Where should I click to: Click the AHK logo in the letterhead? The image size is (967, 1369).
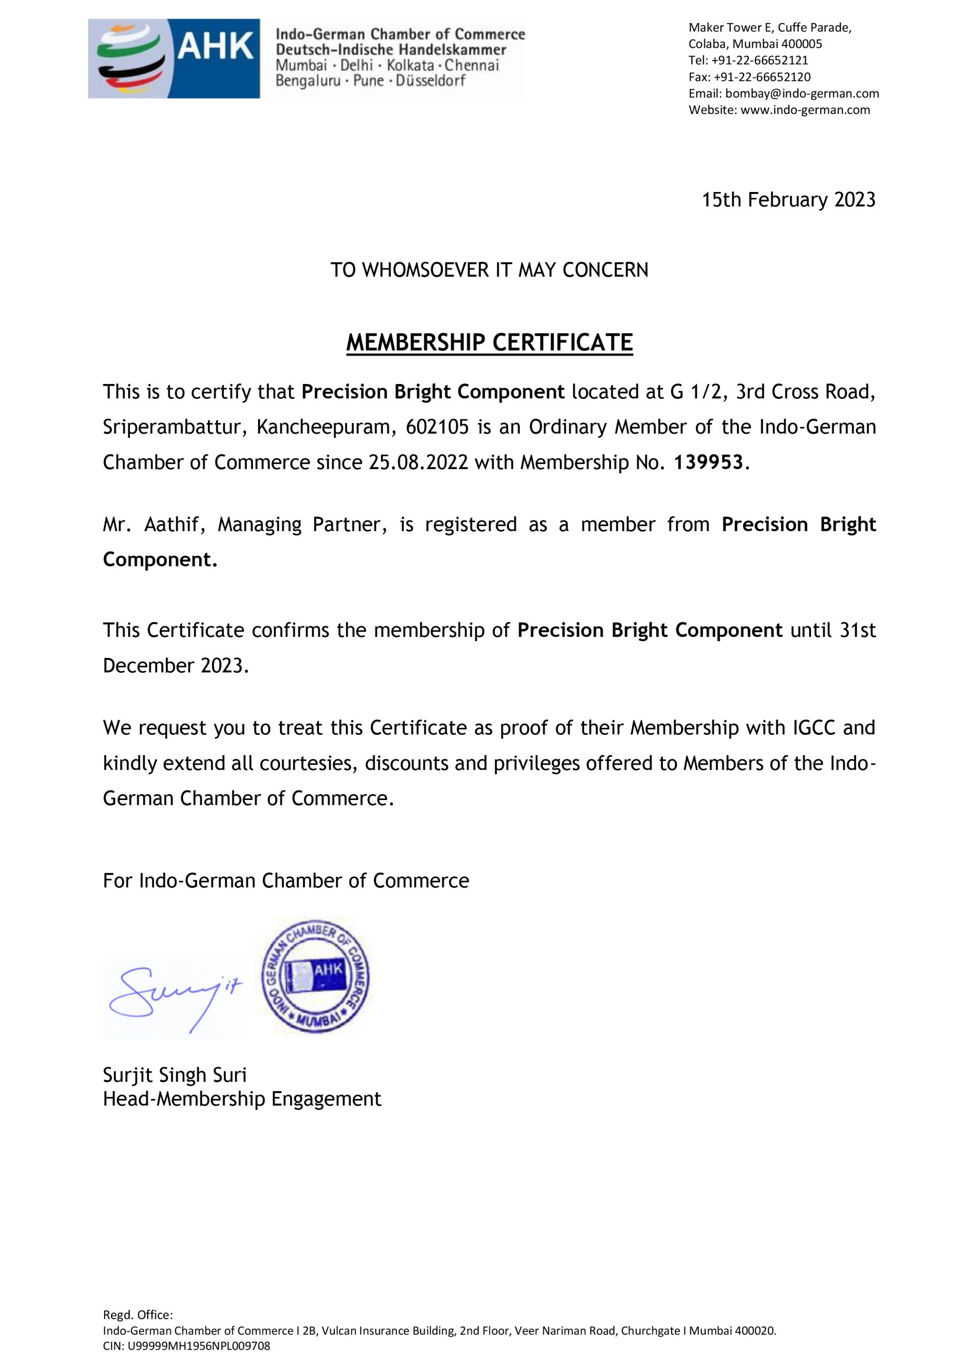tap(174, 58)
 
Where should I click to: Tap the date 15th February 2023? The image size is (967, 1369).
tap(788, 200)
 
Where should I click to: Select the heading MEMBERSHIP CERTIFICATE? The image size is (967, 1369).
tap(489, 343)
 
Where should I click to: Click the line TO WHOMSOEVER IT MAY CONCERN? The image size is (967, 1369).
tap(489, 270)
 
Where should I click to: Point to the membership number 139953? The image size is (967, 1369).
tap(708, 462)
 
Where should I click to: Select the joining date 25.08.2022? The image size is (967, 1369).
tap(418, 462)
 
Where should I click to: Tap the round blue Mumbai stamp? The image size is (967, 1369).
tap(315, 976)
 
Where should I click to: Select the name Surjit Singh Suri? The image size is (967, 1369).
tap(175, 1075)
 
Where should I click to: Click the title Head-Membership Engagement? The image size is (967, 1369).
tap(242, 1099)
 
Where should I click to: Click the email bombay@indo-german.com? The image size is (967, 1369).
tap(801, 93)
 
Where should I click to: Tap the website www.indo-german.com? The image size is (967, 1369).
tap(805, 110)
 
